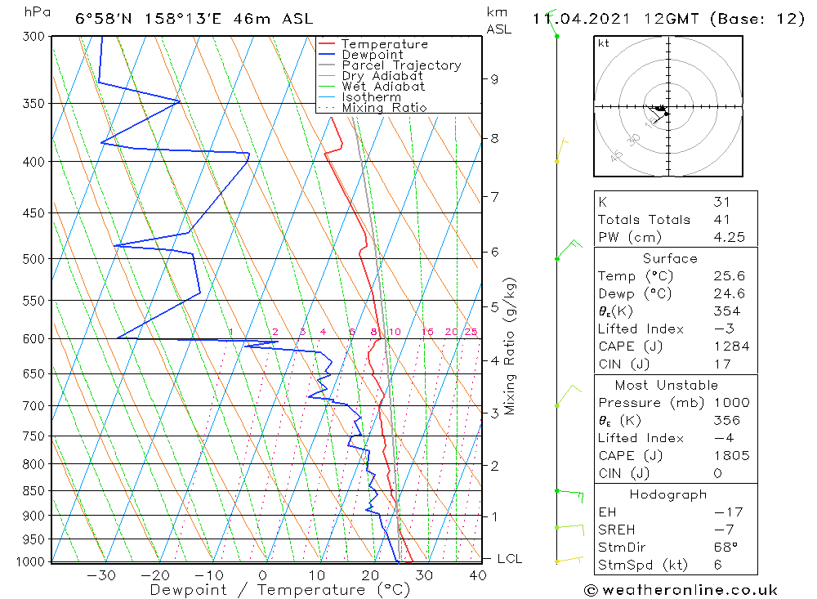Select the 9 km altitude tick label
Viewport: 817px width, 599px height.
click(494, 79)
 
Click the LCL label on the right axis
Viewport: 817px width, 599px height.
click(509, 559)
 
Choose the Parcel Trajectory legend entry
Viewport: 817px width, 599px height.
click(401, 65)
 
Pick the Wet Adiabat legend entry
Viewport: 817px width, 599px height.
click(383, 87)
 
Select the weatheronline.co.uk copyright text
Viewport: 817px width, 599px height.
click(681, 590)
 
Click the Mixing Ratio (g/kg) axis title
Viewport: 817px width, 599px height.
click(511, 346)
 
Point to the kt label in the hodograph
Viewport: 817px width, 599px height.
click(603, 43)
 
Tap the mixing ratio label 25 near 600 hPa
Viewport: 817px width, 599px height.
click(471, 332)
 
